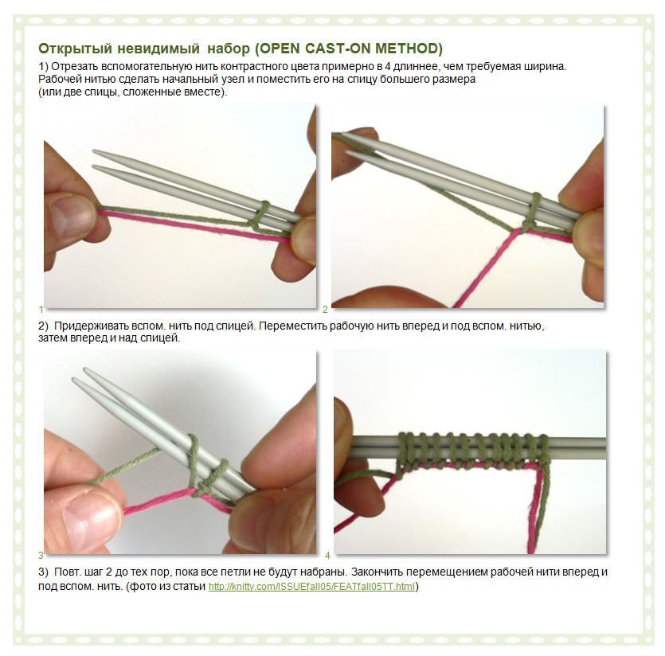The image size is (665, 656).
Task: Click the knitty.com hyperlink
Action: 311,587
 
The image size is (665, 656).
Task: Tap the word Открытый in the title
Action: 76,49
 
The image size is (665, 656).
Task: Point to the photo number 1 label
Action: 41,309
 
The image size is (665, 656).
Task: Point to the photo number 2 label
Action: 325,309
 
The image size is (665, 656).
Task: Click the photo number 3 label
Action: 41,555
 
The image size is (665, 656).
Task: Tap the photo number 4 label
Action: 327,555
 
